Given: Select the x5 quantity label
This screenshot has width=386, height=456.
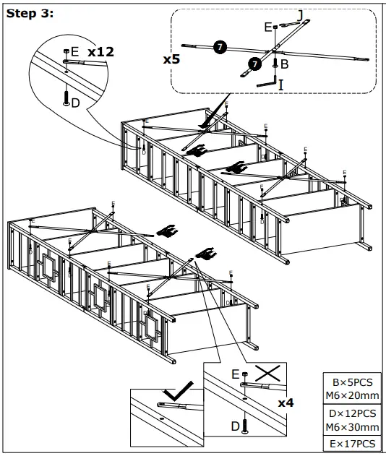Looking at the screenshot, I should coord(171,59).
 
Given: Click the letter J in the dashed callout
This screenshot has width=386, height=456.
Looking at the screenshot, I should coord(299,15).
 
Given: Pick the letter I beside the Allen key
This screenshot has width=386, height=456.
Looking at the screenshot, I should coord(281,85).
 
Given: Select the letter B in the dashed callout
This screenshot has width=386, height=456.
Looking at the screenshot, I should coord(285,65).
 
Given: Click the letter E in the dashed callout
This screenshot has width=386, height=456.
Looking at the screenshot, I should coord(267,27).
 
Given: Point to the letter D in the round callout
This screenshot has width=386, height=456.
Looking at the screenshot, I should coord(77,103).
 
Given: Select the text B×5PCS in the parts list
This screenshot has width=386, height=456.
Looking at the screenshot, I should coord(353,382).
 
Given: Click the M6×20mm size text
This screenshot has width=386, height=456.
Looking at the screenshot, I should coord(353,395).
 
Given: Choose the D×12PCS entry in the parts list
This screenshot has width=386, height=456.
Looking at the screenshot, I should coord(353,413).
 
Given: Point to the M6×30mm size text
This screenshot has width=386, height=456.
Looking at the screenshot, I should coord(353,426).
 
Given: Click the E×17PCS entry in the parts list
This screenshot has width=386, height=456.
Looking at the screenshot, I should coord(353,443).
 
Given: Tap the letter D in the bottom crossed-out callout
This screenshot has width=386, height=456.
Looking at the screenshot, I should coord(235,427).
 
